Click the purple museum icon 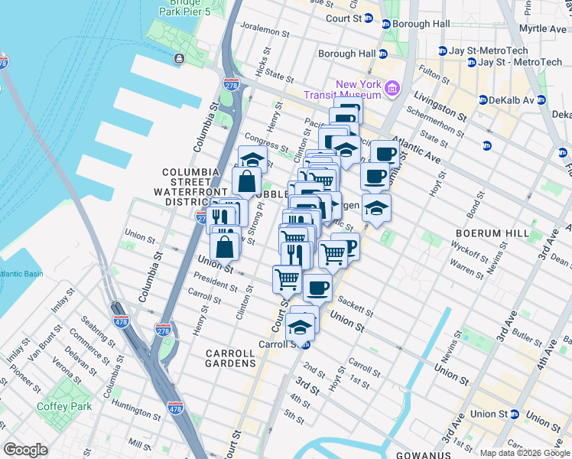coord(393,88)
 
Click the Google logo coord(26,449)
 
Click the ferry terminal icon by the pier coord(178,59)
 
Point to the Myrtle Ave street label coord(541,28)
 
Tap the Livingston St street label coord(440,106)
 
